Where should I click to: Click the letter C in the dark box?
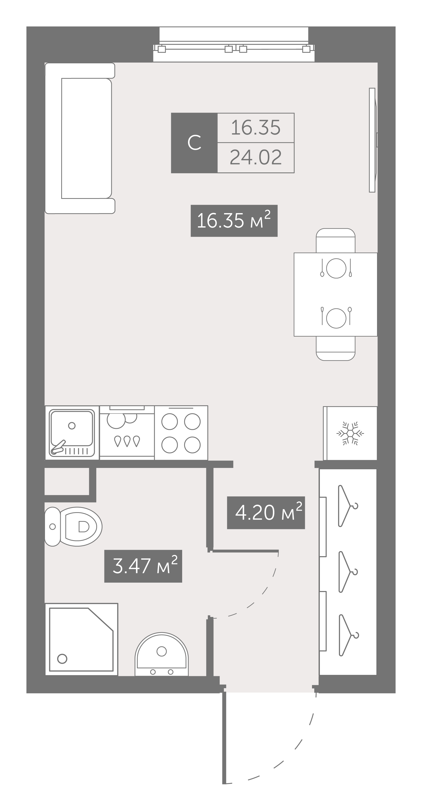tap(194, 143)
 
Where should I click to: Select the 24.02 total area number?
tap(256, 157)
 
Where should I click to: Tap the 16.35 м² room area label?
tap(234, 221)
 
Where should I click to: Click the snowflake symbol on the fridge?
tap(350, 434)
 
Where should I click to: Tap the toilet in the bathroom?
tap(73, 526)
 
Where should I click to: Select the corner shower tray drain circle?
tap(62, 659)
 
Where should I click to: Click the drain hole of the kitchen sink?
tap(72, 426)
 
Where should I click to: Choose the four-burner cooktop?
tap(181, 433)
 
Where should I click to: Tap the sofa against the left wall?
tap(80, 138)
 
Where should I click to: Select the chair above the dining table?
tap(336, 241)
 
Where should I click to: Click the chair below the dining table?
tap(336, 348)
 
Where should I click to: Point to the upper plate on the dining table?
tap(336, 268)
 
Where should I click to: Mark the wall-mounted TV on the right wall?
tap(373, 140)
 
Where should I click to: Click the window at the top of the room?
tap(234, 45)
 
